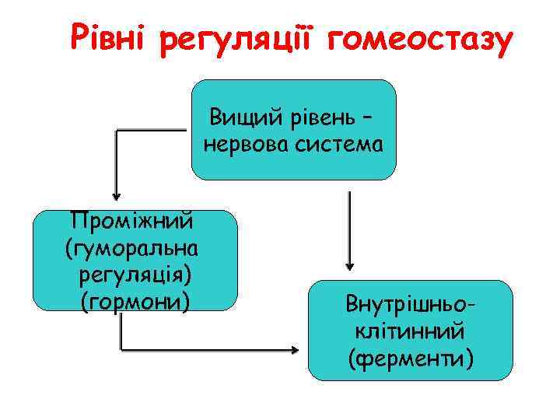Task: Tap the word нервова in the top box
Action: pos(247,145)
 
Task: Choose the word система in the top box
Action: pos(339,145)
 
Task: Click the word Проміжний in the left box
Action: pos(132,222)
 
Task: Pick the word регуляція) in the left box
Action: pos(134,275)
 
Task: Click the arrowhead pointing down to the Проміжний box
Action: pos(116,194)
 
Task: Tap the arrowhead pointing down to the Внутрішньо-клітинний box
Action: pos(349,264)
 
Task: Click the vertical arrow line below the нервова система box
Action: pos(349,226)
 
